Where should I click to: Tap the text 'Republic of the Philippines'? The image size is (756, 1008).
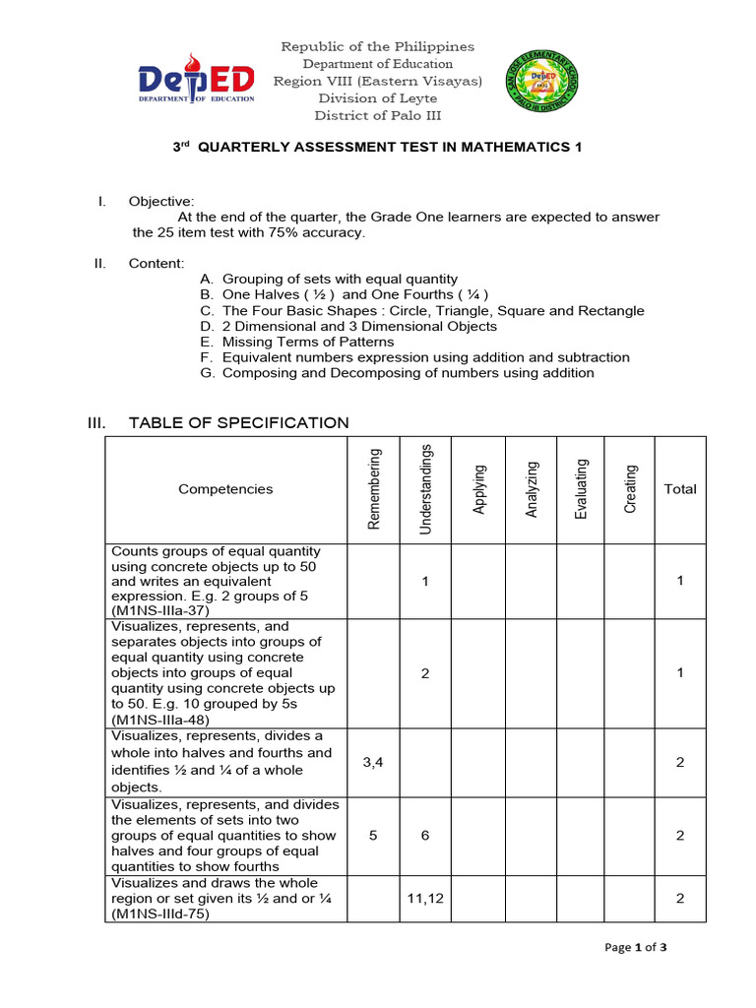click(377, 47)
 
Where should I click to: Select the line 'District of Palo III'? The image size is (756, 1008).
click(377, 115)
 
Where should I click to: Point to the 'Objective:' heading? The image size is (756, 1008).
click(161, 201)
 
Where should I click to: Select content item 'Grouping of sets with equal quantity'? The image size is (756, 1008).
click(340, 279)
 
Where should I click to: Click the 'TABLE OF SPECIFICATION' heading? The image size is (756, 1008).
click(238, 423)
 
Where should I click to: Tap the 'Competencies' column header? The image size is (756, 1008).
click(225, 489)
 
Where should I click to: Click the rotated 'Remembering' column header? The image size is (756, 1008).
click(374, 489)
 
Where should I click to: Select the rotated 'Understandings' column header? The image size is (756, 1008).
click(426, 489)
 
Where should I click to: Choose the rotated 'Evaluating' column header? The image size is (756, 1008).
click(582, 489)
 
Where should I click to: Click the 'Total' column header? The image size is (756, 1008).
click(679, 489)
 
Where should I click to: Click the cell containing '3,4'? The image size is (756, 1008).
click(374, 762)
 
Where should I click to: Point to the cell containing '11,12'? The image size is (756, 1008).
click(425, 898)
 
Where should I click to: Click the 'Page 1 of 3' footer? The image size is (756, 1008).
click(637, 948)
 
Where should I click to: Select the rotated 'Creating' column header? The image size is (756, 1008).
click(631, 489)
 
